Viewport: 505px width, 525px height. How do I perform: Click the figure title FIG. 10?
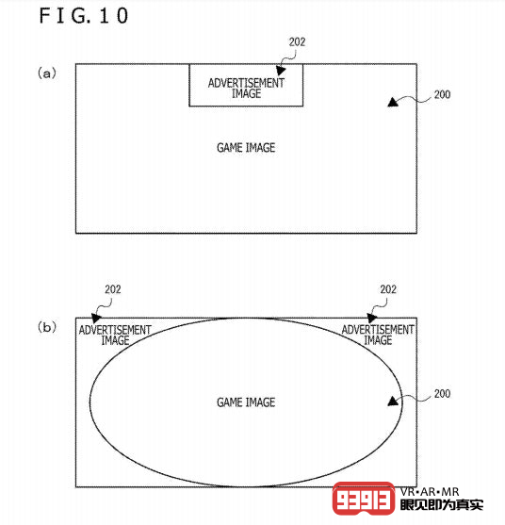(83, 15)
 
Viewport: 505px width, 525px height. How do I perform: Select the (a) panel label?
(46, 73)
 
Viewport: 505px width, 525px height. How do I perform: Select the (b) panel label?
(46, 327)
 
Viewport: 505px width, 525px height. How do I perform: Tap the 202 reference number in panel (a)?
(297, 41)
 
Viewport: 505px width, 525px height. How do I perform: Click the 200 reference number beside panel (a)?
(442, 94)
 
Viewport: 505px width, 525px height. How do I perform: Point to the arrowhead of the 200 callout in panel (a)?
(393, 102)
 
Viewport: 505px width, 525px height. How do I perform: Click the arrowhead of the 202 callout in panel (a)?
(281, 70)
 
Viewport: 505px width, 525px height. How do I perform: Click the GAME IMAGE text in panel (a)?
(246, 148)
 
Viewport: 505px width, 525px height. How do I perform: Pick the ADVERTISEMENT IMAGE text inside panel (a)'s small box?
(246, 88)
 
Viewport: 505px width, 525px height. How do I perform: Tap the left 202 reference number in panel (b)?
(113, 289)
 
